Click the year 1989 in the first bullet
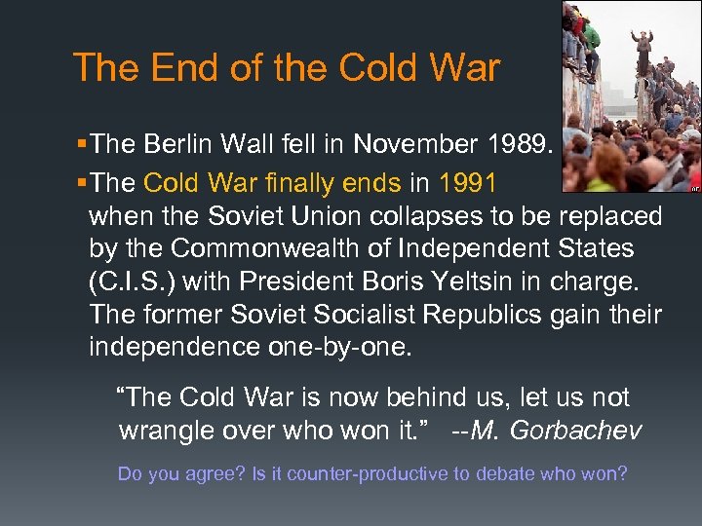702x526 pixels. pyautogui.click(x=516, y=145)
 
